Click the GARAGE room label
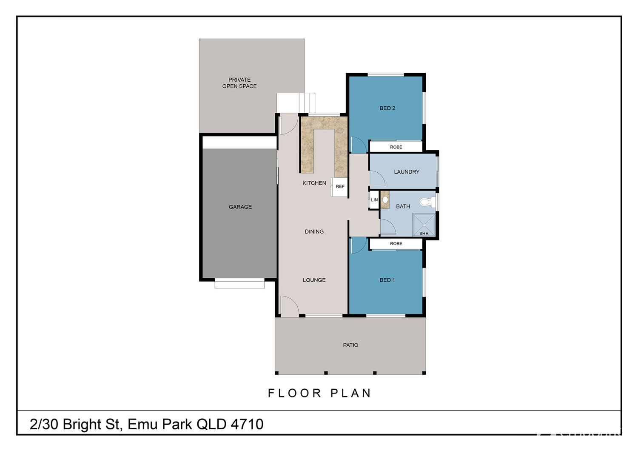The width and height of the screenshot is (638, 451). click(x=240, y=207)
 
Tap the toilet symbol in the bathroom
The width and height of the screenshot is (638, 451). click(x=427, y=202)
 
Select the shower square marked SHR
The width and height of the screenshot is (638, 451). click(x=424, y=225)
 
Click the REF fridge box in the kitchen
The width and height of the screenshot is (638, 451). click(x=339, y=187)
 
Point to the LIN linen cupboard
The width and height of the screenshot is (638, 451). click(x=374, y=200)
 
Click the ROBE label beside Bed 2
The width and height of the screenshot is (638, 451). click(x=396, y=147)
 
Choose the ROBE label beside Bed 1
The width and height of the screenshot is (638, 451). click(x=396, y=244)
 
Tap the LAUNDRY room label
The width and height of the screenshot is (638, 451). click(x=407, y=172)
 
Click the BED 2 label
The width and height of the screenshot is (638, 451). click(x=387, y=108)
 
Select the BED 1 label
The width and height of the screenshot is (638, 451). click(x=387, y=280)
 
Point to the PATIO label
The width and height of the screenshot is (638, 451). click(x=350, y=345)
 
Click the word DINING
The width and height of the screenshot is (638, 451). click(x=314, y=231)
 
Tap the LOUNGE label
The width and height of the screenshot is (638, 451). click(x=314, y=280)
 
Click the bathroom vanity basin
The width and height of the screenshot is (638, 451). click(x=385, y=200)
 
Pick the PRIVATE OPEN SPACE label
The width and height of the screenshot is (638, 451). click(x=239, y=83)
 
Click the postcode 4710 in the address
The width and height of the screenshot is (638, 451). click(x=247, y=424)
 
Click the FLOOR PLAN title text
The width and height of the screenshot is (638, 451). click(x=319, y=393)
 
